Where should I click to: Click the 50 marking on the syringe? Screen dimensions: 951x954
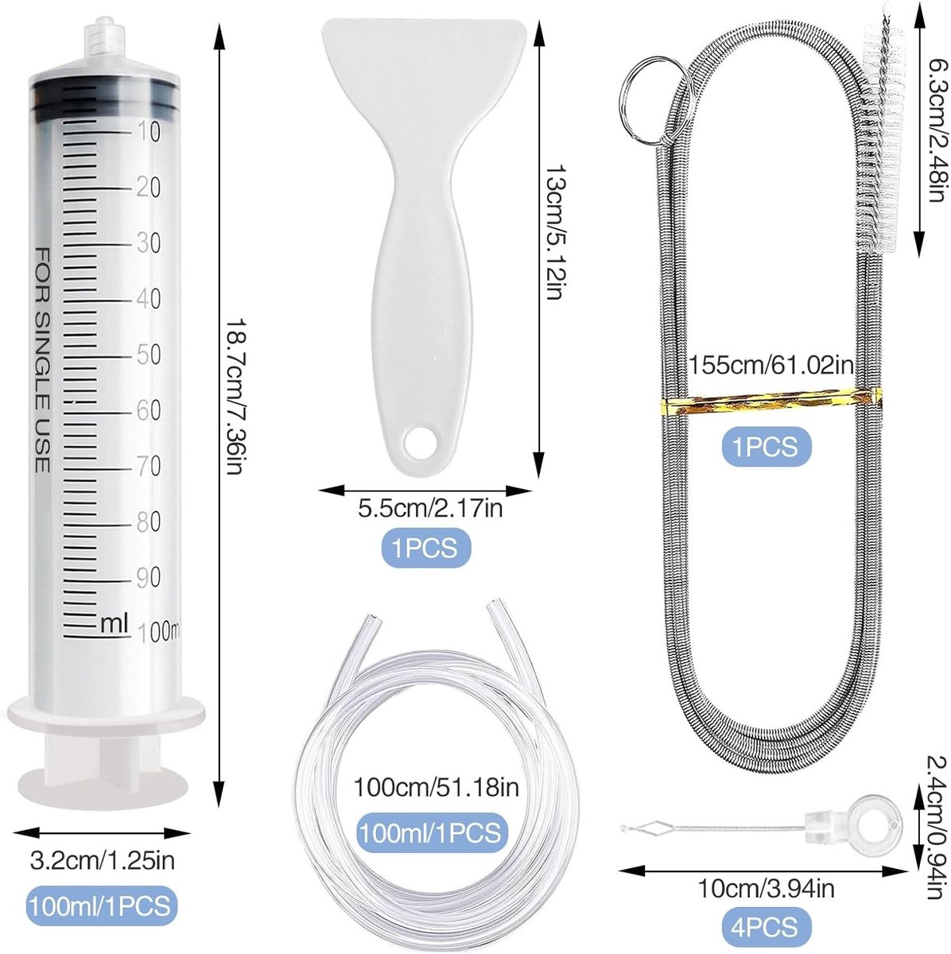tap(149, 355)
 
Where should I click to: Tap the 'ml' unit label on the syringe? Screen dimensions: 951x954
tap(115, 622)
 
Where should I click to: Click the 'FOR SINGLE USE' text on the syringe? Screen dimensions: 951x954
tap(41, 359)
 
